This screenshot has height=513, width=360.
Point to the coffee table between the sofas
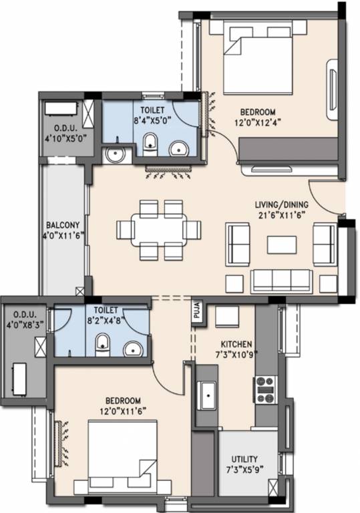[282, 244]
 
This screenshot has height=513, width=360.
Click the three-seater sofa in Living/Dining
[281, 281]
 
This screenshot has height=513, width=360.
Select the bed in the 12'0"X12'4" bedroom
[257, 59]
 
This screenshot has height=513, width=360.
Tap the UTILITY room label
[244, 459]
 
